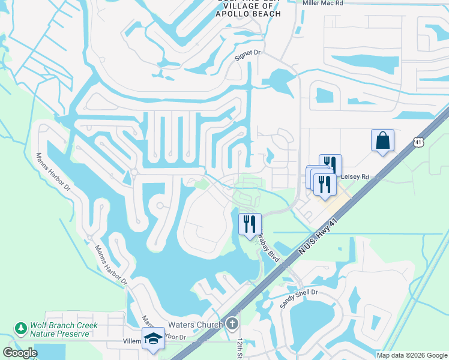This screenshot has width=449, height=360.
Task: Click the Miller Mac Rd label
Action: click(x=323, y=3)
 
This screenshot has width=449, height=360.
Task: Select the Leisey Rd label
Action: click(x=355, y=177)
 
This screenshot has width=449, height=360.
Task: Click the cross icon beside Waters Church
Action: click(x=233, y=325)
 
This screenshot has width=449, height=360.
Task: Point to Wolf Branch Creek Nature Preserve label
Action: click(x=63, y=329)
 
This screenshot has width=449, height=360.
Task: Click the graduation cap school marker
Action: click(x=153, y=338)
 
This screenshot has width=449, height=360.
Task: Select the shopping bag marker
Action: click(x=382, y=141)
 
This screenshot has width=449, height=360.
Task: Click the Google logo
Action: click(x=20, y=353)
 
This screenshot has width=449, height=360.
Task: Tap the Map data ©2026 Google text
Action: click(x=412, y=355)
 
